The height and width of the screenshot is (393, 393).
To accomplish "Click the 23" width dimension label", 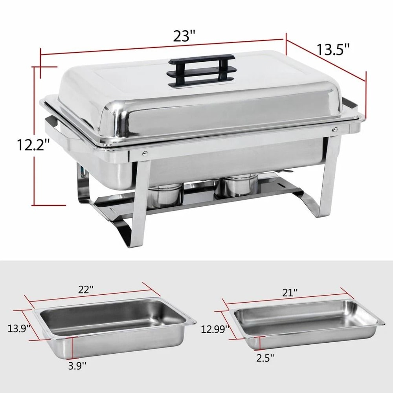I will point(184,36).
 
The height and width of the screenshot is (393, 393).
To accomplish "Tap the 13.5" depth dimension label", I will point(333,50).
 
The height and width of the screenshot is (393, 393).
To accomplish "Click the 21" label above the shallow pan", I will point(290,292).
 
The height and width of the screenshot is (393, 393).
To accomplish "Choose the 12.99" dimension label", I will point(214,329).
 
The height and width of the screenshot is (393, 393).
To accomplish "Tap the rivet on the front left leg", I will point(145,154).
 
